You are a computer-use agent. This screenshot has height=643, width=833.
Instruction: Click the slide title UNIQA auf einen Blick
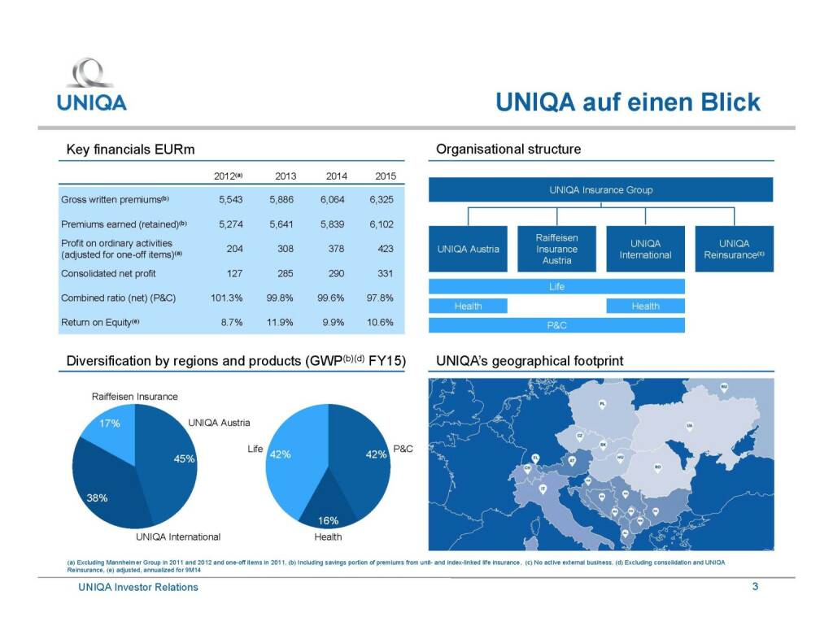coord(628,102)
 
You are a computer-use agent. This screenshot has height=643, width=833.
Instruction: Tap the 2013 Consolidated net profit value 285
coord(286,273)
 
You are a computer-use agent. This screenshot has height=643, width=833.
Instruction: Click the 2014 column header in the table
coord(336,176)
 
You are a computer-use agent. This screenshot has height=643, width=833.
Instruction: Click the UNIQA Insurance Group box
coord(600,190)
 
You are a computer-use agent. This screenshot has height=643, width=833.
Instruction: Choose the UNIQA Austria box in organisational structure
coord(468,249)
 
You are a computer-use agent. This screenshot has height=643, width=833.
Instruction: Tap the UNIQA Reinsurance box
coord(734,249)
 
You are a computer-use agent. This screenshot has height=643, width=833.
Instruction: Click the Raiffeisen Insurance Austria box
coord(556,249)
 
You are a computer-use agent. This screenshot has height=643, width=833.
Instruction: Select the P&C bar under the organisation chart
coord(556,325)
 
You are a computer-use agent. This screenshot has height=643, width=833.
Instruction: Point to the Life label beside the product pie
coord(255,449)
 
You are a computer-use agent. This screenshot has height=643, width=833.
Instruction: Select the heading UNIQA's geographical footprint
coord(530,360)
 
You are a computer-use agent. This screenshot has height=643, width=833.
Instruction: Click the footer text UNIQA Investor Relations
coord(133,587)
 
